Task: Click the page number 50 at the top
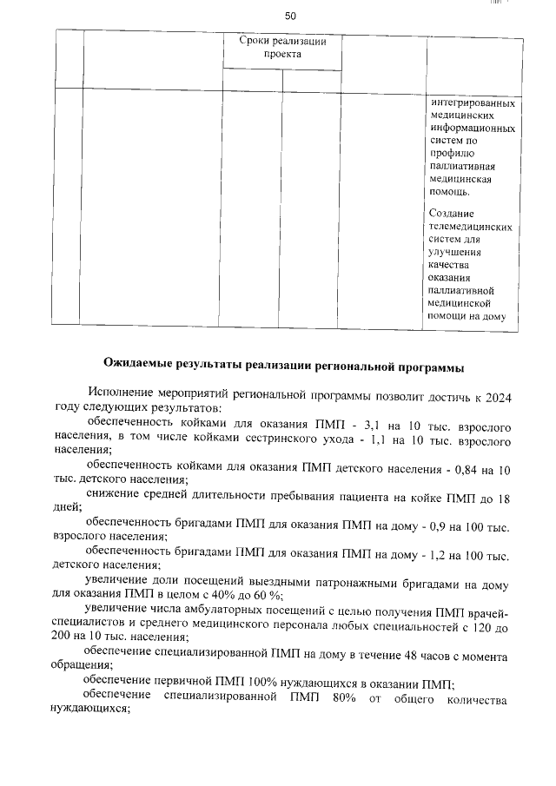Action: (x=290, y=16)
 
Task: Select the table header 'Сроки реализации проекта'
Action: (x=282, y=47)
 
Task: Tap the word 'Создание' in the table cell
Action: (x=452, y=213)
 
